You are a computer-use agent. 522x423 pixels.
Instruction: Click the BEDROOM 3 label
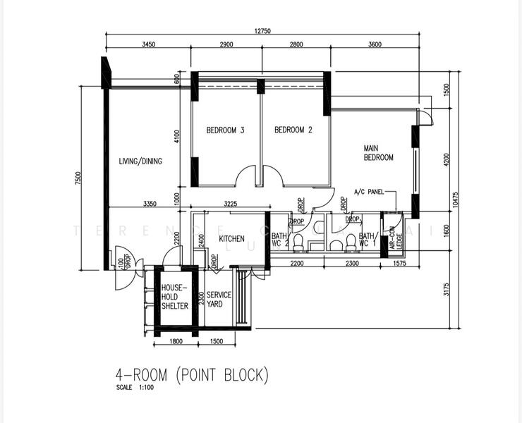click(x=225, y=130)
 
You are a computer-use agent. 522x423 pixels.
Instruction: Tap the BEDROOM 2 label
click(x=293, y=130)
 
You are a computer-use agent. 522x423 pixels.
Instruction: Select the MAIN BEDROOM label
click(x=378, y=153)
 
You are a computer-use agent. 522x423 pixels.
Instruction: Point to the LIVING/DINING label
click(x=140, y=161)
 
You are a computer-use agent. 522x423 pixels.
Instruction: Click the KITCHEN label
click(x=231, y=239)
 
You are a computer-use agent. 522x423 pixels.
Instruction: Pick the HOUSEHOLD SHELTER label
click(x=174, y=297)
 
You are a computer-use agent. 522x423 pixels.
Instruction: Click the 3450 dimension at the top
click(x=148, y=44)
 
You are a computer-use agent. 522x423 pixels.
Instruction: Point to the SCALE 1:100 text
click(x=136, y=388)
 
